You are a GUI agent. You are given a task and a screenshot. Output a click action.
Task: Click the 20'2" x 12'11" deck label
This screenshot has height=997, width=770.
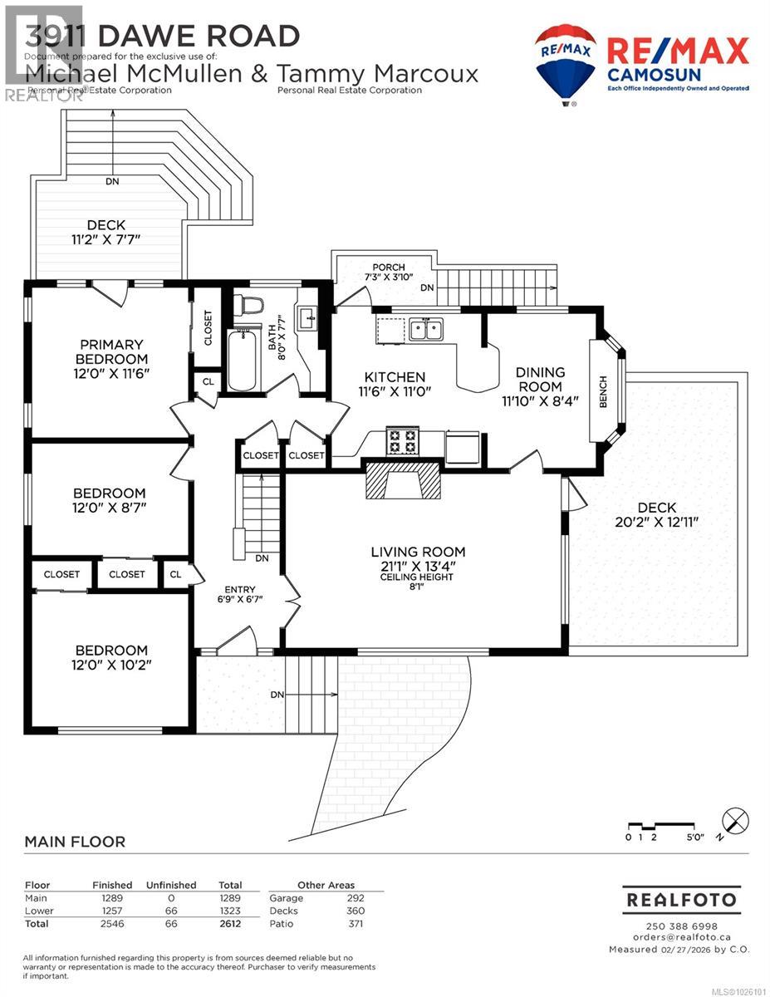656,515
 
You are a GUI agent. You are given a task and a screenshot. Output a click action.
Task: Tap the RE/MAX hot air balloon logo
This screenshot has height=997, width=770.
566,64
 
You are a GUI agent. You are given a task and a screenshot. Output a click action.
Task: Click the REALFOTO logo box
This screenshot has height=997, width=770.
681,900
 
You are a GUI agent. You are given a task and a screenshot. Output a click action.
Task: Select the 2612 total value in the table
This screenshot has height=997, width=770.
228,924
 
